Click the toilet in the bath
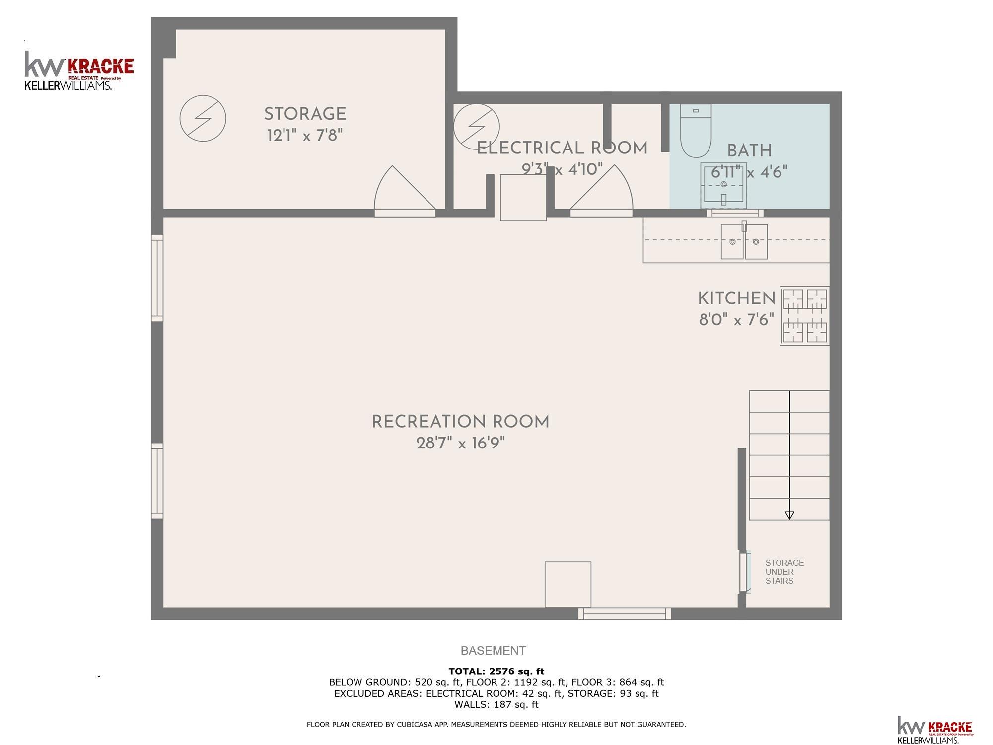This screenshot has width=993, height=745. coord(696,131)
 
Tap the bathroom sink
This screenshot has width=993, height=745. coord(723,186)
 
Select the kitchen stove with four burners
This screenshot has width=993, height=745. coord(805,315)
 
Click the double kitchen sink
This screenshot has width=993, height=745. coord(744,241)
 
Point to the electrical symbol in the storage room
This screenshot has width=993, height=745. coord(203,118)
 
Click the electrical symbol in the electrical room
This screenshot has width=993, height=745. coord(476,126)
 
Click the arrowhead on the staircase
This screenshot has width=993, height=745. coord(789,515)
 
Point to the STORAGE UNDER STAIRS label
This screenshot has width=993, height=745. coord(784,572)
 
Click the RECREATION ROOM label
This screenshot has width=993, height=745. coord(461,422)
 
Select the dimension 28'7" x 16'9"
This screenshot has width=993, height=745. coord(461,443)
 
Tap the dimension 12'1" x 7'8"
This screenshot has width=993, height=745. coord(305,135)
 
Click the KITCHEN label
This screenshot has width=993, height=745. coord(737,298)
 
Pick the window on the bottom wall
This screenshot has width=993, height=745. coord(625,614)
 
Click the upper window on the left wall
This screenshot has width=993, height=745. coord(157,278)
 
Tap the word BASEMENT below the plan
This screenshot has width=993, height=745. coord(493,651)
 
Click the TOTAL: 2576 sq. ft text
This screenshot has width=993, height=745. coord(496,671)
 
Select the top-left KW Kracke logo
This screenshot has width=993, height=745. coord(79,71)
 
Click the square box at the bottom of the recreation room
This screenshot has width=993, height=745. coord(568,585)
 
